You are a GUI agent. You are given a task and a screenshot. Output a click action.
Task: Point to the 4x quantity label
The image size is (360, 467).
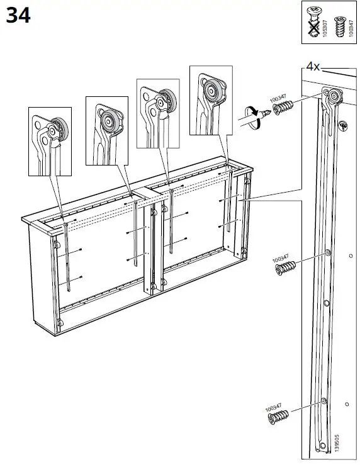coord(313,65)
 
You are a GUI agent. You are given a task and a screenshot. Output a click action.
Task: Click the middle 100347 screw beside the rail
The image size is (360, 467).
coord(284,268)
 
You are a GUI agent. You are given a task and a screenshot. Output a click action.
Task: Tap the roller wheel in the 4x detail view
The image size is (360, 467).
coord(334,96)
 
